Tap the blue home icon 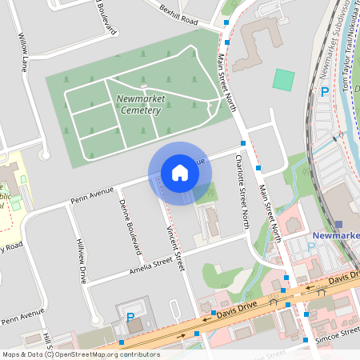pyautogui.click(x=180, y=173)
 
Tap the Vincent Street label pyautogui.click(x=175, y=247)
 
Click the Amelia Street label pyautogui.click(x=151, y=265)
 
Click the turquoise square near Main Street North pyautogui.click(x=283, y=79)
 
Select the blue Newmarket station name pyautogui.click(x=335, y=236)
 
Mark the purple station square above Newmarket pyautogui.click(x=338, y=224)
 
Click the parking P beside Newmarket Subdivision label pyautogui.click(x=324, y=92)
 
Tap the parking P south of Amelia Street pyautogui.click(x=130, y=317)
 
